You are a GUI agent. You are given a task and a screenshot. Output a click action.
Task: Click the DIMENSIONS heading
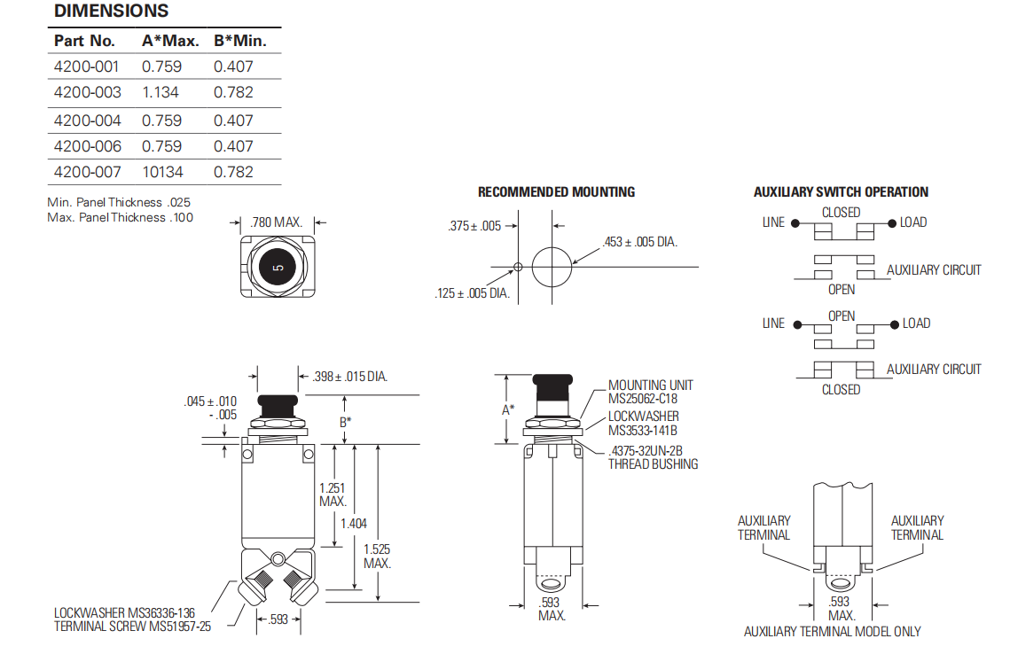[x=111, y=12]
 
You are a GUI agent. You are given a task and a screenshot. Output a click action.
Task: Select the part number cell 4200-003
[x=86, y=92]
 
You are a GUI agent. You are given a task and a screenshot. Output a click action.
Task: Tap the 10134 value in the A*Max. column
[x=161, y=172]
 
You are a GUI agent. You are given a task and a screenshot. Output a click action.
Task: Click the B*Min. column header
[x=239, y=41]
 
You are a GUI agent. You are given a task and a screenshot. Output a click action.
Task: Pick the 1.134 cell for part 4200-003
[x=161, y=92]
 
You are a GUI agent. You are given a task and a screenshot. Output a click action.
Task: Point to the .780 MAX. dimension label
[x=277, y=222]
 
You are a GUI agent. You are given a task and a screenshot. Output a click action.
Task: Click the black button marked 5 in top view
[x=278, y=267]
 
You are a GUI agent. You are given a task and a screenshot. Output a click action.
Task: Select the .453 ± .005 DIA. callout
[x=640, y=241]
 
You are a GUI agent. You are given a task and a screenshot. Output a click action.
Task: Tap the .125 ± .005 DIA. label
[x=472, y=293]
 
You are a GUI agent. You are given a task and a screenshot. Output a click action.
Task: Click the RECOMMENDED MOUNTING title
[x=556, y=191]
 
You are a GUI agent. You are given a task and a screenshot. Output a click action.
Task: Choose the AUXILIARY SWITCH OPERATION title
[x=841, y=191]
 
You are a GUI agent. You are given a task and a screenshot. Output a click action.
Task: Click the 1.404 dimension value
[x=353, y=524]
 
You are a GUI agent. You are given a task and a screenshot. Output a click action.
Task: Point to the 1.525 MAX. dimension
[x=377, y=556]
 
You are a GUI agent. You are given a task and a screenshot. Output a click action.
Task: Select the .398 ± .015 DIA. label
[x=350, y=378]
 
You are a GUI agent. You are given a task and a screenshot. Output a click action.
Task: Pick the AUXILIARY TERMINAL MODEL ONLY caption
[x=832, y=632]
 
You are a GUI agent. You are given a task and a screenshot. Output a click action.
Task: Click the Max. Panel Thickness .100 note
[x=120, y=217]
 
